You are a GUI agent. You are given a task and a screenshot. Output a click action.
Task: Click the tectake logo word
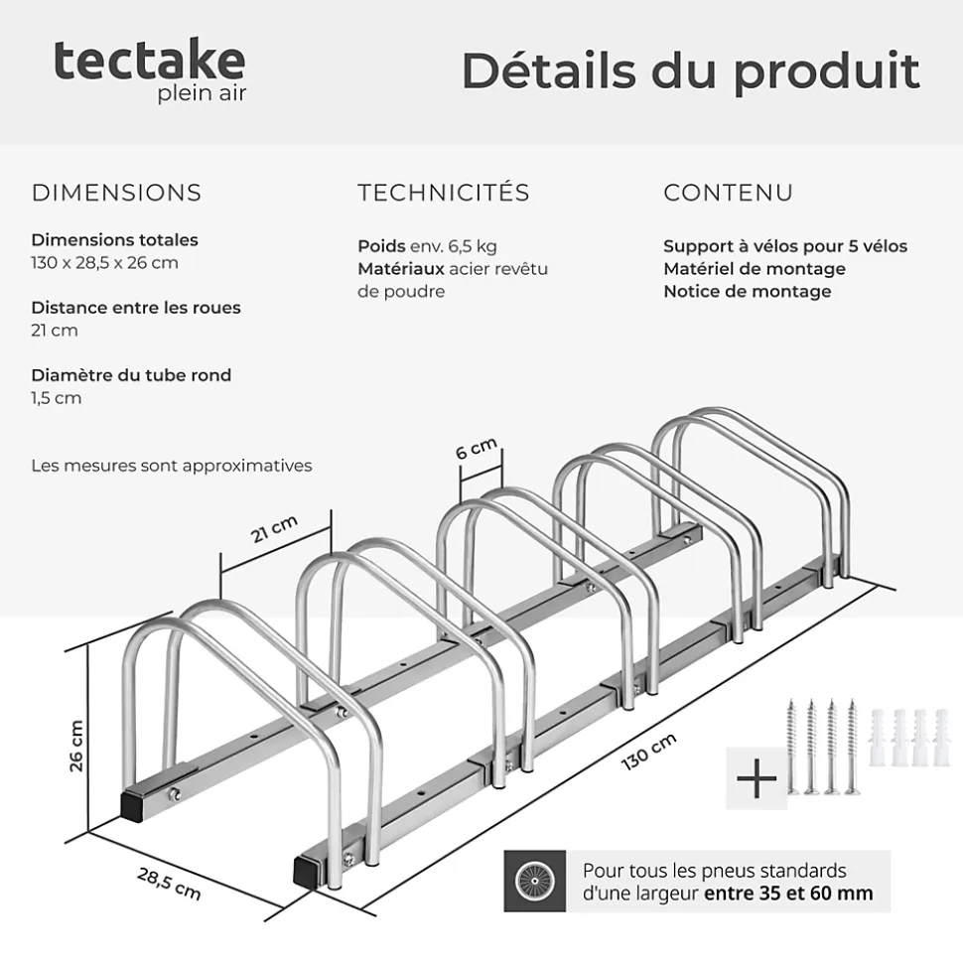150,61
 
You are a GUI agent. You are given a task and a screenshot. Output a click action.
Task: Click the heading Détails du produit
691,71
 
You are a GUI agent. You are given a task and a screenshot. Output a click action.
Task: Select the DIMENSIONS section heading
116,193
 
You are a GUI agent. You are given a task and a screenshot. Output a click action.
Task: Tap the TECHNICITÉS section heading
444,192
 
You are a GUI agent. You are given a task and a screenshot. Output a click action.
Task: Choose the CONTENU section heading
728,193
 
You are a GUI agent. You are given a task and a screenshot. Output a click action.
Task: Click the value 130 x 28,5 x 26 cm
104,262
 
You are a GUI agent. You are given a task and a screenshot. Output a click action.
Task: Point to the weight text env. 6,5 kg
454,246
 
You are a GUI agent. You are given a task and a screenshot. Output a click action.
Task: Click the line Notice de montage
748,291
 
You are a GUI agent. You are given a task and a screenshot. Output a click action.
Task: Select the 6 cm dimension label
476,448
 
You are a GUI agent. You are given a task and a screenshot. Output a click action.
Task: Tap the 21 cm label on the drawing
274,529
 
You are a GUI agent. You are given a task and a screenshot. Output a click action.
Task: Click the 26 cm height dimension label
76,746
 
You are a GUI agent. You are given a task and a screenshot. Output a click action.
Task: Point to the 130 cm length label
648,752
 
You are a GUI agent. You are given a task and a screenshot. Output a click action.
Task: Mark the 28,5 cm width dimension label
169,884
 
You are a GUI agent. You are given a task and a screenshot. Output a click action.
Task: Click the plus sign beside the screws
757,778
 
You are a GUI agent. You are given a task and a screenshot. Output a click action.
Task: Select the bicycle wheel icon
535,881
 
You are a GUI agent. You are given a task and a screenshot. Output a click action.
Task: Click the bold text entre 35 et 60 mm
788,893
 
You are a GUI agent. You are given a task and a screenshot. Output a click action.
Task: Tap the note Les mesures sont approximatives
172,466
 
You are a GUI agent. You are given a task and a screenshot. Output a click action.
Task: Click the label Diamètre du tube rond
131,375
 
